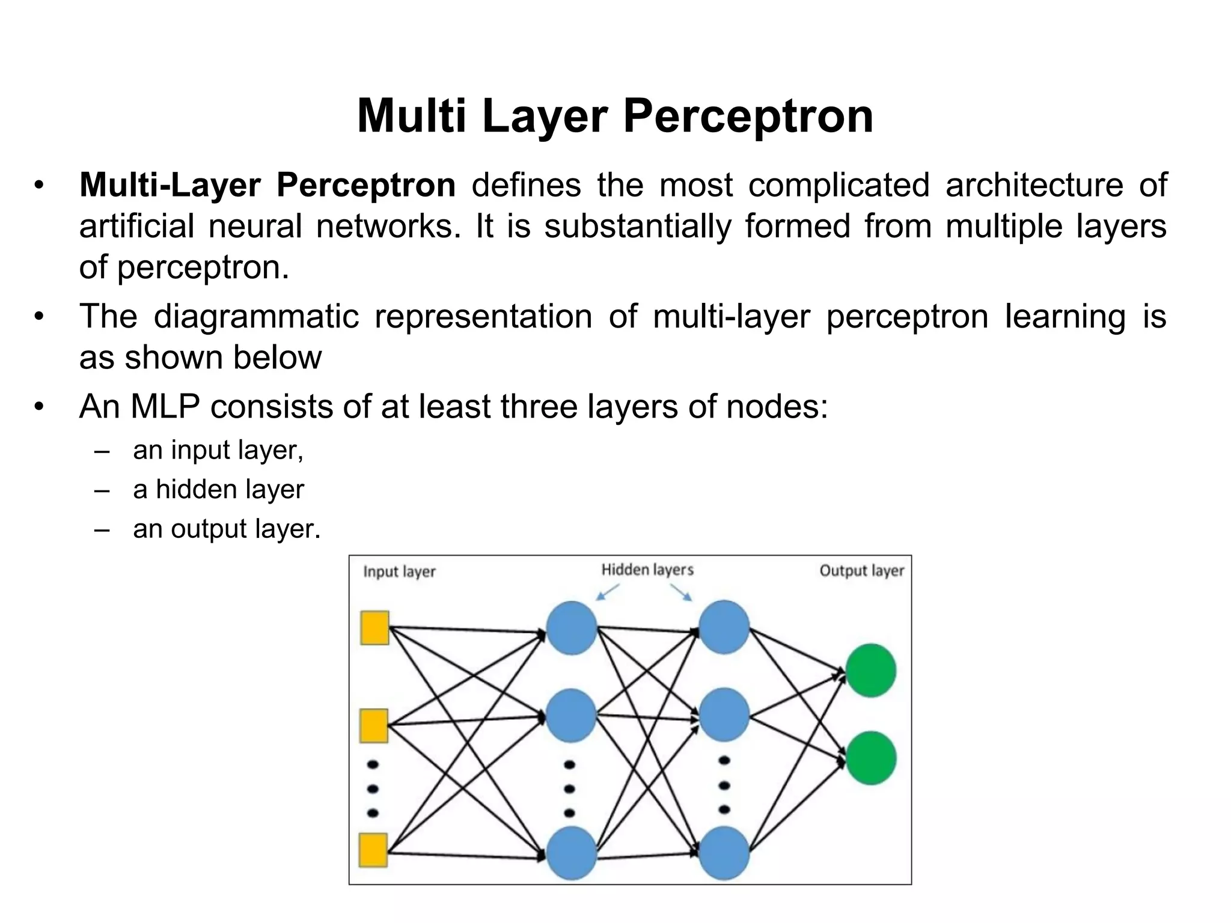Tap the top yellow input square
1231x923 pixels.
pos(374,628)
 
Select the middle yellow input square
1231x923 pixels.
pos(374,725)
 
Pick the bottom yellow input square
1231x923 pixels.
pos(373,850)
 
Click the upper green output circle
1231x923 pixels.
pos(870,670)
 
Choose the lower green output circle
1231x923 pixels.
pos(870,758)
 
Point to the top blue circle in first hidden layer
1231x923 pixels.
pos(571,627)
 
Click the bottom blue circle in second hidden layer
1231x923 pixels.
pos(724,853)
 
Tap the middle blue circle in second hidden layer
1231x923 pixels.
pos(724,714)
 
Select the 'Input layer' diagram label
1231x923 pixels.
pos(399,571)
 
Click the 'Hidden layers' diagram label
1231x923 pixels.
pos(647,570)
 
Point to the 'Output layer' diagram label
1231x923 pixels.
pos(861,571)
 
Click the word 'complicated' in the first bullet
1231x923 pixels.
pos(838,184)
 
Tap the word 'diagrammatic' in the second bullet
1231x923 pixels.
pos(256,317)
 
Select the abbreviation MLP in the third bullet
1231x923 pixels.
pos(165,407)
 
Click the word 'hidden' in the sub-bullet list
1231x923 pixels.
pos(193,489)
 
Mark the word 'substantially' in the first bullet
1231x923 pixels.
pos(637,227)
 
